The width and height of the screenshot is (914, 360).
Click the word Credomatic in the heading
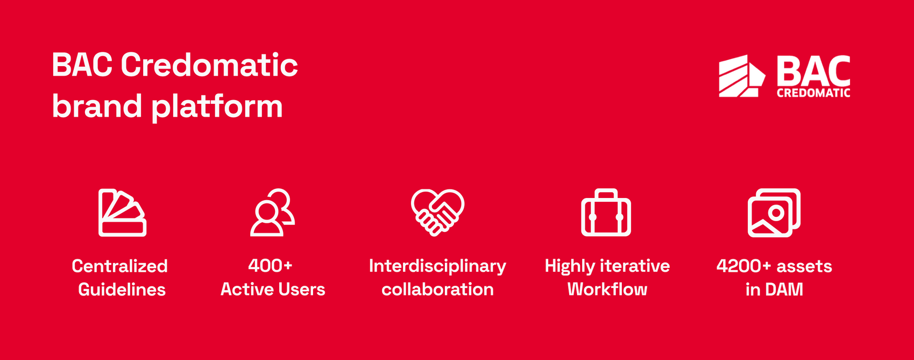209,65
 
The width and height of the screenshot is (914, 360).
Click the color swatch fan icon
123,213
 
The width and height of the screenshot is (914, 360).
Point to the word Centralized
119,266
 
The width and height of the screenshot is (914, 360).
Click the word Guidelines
122,290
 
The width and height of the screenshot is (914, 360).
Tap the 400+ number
270,266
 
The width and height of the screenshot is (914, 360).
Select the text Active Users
273,290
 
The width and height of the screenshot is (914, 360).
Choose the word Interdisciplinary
437,267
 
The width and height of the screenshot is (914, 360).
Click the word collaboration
437,290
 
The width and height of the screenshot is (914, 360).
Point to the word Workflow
607,290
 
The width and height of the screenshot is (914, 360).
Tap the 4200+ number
743,266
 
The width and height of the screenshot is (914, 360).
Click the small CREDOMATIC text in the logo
813,93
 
